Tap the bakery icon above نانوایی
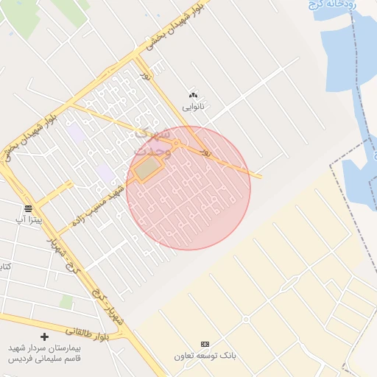(194, 95)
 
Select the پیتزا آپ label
(30, 219)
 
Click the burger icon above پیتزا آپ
(29, 208)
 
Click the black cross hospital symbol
(45, 337)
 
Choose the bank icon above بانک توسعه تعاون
(205, 344)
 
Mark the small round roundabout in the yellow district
(245, 319)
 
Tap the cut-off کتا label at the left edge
(5, 265)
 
